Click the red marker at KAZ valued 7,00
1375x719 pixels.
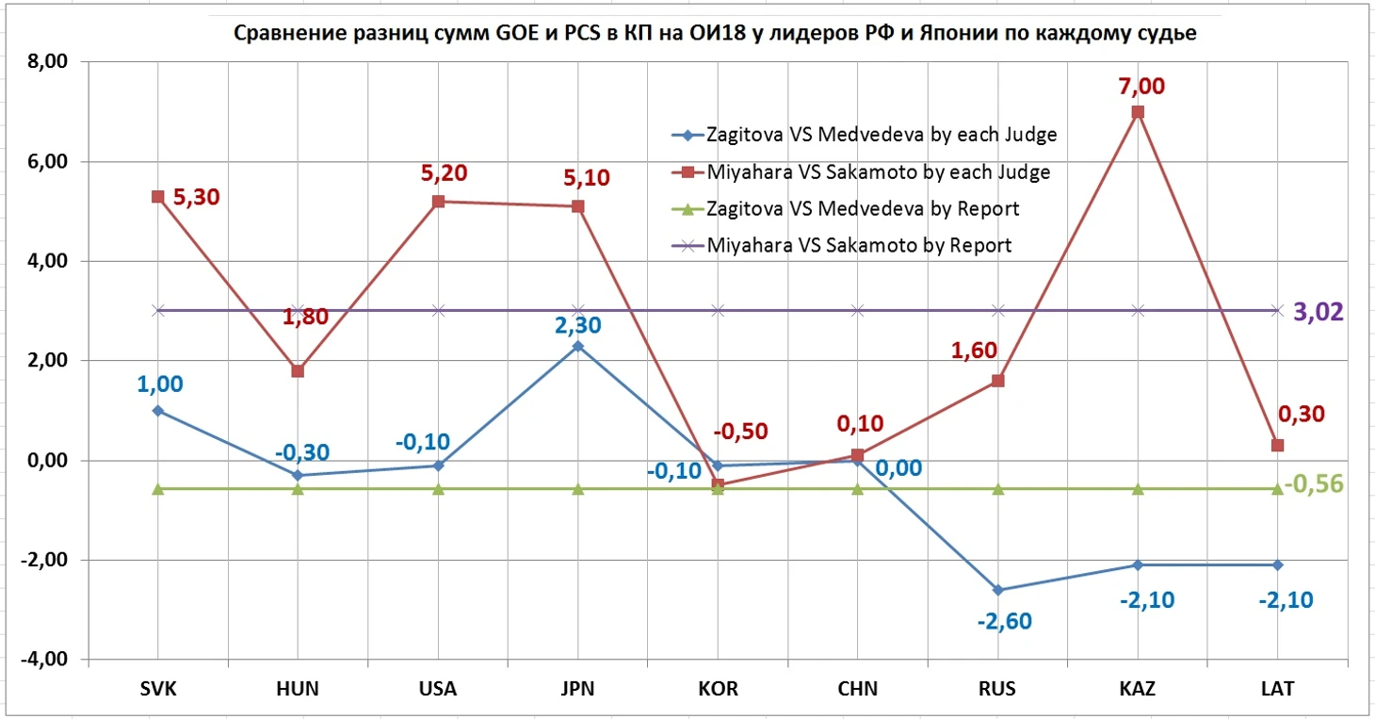point(1138,112)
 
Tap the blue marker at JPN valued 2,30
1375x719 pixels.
point(577,346)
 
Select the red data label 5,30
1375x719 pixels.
point(196,198)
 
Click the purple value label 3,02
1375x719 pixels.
point(1318,312)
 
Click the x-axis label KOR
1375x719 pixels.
point(718,689)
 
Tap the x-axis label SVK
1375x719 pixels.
point(158,689)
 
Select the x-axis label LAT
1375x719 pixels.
point(1277,689)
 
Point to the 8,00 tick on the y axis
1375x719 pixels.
point(47,62)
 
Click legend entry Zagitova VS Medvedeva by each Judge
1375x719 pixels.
point(881,135)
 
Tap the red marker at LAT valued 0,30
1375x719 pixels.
point(1277,445)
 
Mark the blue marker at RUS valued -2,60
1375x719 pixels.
point(997,590)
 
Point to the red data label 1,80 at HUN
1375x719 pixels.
point(305,316)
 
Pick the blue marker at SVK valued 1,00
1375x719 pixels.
point(158,411)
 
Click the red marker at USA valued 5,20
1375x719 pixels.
point(438,202)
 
